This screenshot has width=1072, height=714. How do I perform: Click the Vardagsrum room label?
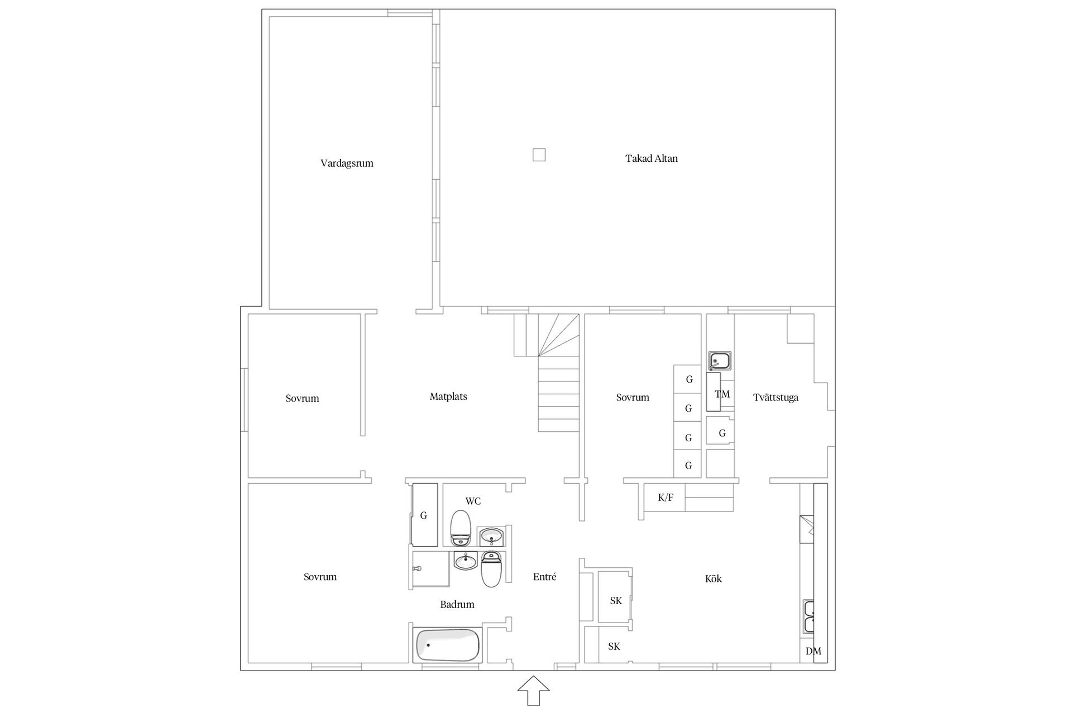point(347,163)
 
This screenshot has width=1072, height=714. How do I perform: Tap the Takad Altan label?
point(651,158)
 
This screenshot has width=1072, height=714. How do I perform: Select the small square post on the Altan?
point(538,155)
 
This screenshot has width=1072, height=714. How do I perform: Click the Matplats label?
point(448,397)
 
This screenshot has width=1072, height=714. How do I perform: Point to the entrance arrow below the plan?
point(533,691)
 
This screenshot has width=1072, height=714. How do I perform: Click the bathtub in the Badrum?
point(448,645)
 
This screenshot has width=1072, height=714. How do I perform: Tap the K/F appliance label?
point(665,498)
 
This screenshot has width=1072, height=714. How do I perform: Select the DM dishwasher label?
point(813,651)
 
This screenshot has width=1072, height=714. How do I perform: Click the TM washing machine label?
point(722,394)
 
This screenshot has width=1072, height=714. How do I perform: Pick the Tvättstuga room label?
point(776,398)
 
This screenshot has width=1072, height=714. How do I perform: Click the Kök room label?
point(713,579)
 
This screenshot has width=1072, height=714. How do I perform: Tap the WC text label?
point(473,501)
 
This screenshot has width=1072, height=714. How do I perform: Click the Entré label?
point(544,577)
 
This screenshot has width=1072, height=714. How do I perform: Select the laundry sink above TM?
point(720,361)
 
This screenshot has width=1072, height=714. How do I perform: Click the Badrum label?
point(457,604)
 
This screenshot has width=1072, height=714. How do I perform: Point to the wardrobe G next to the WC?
point(424,515)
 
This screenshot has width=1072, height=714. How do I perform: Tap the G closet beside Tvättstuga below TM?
point(721,433)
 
